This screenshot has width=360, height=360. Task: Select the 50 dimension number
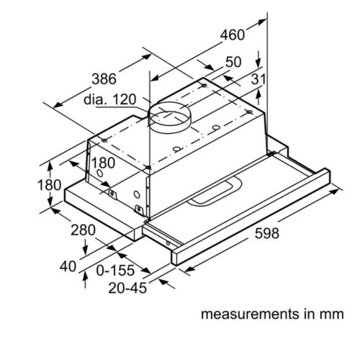pos(235,63)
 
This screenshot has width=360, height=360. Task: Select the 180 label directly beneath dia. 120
pos(102,162)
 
